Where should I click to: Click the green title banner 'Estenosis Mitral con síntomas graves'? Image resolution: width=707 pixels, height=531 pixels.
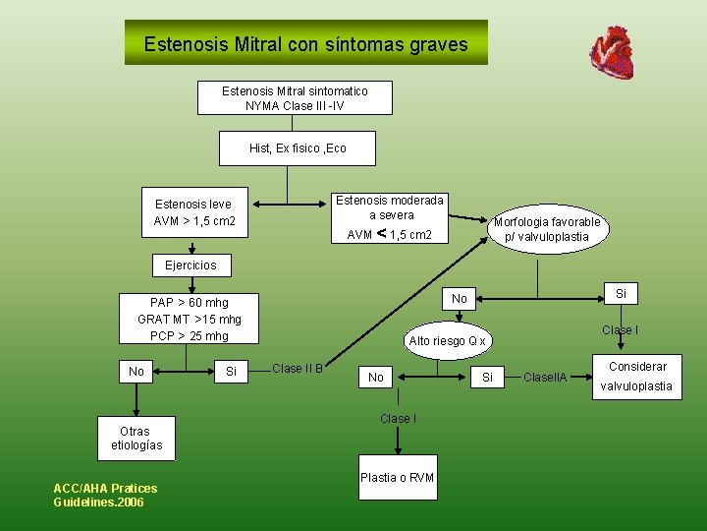point(305,44)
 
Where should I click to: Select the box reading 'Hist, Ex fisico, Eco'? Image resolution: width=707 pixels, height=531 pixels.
point(298,148)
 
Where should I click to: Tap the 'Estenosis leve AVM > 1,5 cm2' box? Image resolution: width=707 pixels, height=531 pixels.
point(193,212)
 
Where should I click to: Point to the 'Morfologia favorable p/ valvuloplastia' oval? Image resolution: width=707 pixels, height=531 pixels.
point(547,229)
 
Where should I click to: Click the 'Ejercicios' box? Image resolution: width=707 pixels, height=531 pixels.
point(190,265)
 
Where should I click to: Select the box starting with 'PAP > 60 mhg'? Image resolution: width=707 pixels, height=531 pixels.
point(190,319)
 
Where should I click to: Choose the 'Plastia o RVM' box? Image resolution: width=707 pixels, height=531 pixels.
point(397,478)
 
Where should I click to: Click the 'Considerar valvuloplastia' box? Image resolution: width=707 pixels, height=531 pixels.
point(637,377)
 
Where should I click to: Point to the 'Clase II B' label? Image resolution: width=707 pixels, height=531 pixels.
point(298,369)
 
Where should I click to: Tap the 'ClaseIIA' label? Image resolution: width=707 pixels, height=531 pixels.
point(545,377)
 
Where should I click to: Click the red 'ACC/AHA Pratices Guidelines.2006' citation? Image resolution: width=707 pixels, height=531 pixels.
point(105,496)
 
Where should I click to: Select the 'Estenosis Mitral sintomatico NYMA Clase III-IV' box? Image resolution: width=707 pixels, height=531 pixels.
point(295,98)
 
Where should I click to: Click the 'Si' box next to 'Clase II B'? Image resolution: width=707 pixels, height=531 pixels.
point(231,371)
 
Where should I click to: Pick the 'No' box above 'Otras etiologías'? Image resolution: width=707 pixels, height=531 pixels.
point(136,371)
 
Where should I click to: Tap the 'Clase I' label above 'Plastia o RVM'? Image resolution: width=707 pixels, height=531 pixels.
point(397,419)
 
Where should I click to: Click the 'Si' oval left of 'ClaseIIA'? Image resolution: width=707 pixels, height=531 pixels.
point(489,377)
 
